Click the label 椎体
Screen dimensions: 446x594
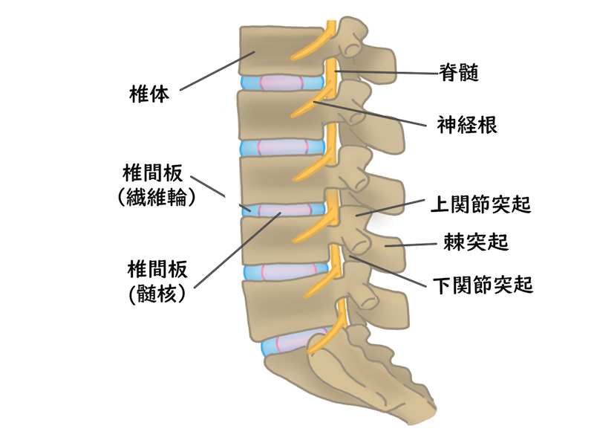click(x=149, y=94)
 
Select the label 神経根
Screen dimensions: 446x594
click(x=467, y=123)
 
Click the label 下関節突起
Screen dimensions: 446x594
click(x=482, y=284)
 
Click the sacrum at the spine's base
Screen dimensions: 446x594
click(x=349, y=379)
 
